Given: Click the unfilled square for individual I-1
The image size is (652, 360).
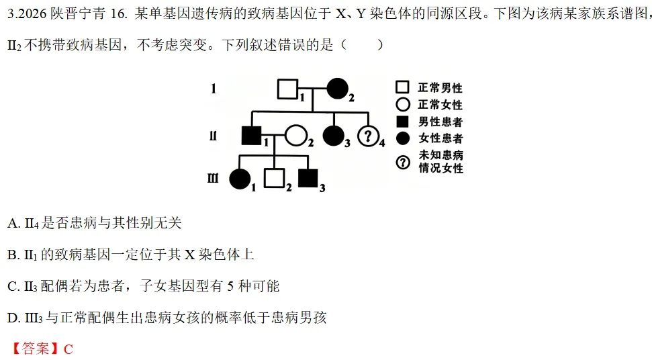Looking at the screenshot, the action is (288, 89).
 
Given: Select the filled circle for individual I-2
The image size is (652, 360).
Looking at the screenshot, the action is (337, 89).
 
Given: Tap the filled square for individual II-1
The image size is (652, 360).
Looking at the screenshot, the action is (252, 135).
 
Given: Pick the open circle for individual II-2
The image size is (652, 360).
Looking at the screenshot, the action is (296, 136).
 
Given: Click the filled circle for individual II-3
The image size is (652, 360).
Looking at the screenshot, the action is (334, 136).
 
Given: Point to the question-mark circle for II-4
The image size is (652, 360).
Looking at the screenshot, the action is (368, 136).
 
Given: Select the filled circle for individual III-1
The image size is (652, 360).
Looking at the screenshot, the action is (240, 179).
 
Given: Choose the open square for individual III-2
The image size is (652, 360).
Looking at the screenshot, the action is (275, 179).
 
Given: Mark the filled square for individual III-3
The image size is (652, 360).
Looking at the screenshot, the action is (308, 179).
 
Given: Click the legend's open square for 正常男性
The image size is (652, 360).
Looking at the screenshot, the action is (402, 87).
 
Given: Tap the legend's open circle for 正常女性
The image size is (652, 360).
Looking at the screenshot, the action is (402, 104).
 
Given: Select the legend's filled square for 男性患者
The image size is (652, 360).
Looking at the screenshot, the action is (402, 122).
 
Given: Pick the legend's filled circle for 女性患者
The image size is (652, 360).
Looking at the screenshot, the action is (402, 138).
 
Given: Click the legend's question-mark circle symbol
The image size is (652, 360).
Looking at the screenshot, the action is (402, 162).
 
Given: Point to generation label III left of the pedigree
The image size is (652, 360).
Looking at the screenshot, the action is (213, 179).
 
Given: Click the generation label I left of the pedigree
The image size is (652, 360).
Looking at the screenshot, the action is (214, 89).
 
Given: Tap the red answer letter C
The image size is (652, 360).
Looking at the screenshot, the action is (68, 349).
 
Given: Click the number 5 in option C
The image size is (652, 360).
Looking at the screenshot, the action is (231, 286).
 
